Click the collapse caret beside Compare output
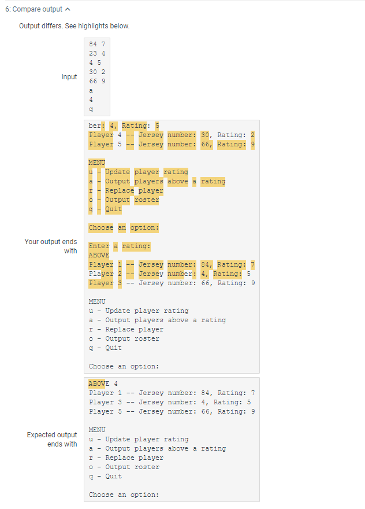[x=68, y=9]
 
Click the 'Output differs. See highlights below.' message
[x=75, y=26]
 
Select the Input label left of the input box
[x=69, y=77]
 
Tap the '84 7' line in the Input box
[x=97, y=44]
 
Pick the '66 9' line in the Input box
[x=97, y=81]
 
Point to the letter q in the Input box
[x=91, y=109]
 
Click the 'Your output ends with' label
[x=51, y=246]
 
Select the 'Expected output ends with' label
[x=52, y=439]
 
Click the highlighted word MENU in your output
[x=97, y=163]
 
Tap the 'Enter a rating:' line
[x=120, y=246]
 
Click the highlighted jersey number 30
[x=205, y=135]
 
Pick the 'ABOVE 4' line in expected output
[x=103, y=383]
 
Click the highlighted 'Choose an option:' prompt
[x=124, y=227]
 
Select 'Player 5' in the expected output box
[x=105, y=412]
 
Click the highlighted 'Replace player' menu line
[x=126, y=190]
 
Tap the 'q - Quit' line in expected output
[x=105, y=476]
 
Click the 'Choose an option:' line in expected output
[x=124, y=495]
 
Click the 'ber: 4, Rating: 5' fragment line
[x=124, y=126]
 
